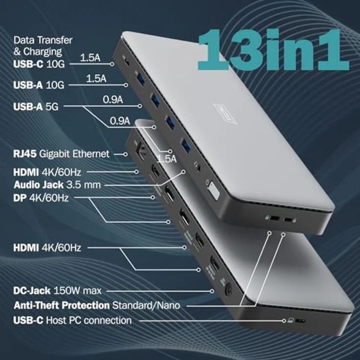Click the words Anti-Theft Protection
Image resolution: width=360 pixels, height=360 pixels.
pos(62,305)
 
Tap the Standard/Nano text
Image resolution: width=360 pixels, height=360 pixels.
pos(146,305)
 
